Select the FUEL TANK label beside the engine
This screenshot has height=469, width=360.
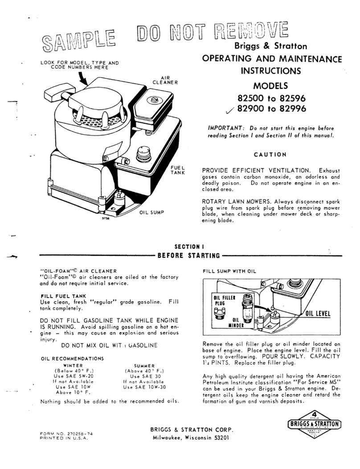tap(177, 170)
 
